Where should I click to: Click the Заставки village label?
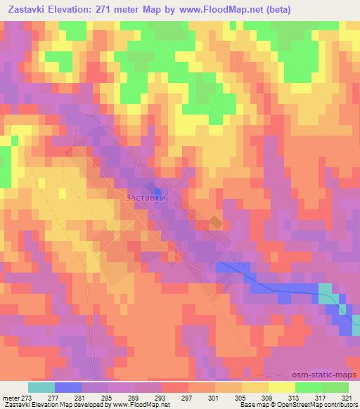[146, 197]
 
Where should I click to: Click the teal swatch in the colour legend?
[41, 387]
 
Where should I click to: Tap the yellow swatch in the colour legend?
[281, 387]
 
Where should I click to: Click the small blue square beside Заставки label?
[158, 191]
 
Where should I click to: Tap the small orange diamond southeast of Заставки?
[215, 223]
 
